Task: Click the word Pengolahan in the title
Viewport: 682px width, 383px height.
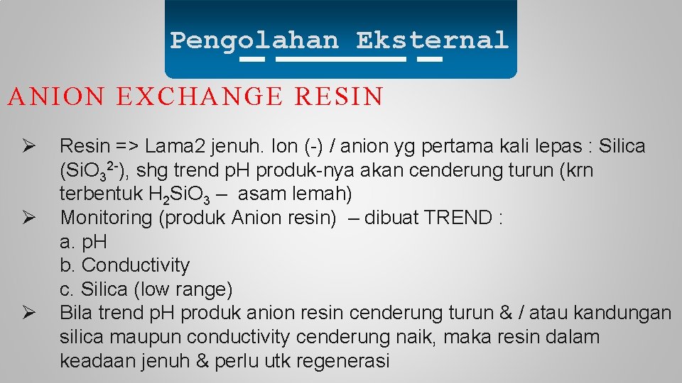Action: [254, 40]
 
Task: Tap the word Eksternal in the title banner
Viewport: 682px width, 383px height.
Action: [433, 40]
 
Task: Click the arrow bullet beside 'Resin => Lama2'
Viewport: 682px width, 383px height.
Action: [23, 146]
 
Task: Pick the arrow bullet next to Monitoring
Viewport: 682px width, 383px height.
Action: [23, 217]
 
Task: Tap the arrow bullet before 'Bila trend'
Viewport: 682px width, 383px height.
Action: [23, 312]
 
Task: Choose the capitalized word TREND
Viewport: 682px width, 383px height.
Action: [458, 218]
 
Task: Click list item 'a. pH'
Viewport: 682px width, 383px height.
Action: [83, 243]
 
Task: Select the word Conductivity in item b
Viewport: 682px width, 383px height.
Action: [136, 265]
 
